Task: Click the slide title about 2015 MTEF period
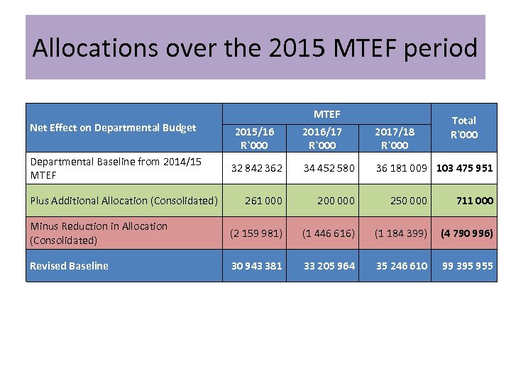tap(255, 48)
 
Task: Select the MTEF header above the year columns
tap(326, 113)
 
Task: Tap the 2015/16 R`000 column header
tap(254, 138)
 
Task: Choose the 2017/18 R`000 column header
tap(395, 138)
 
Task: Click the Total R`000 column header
tap(463, 127)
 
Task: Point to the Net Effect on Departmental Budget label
tap(113, 128)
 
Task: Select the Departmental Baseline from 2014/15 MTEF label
tap(115, 168)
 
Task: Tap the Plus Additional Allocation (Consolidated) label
tap(123, 201)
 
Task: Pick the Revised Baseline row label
tap(69, 266)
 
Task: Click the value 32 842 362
tap(256, 168)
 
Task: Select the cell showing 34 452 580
tap(329, 168)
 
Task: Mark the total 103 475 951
tap(464, 168)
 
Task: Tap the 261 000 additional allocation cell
tap(263, 201)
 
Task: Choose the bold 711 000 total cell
tap(474, 201)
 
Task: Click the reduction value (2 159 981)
tap(255, 233)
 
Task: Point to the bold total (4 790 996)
tap(466, 233)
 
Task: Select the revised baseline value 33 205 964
tap(329, 266)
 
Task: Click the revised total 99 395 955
tap(467, 266)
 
